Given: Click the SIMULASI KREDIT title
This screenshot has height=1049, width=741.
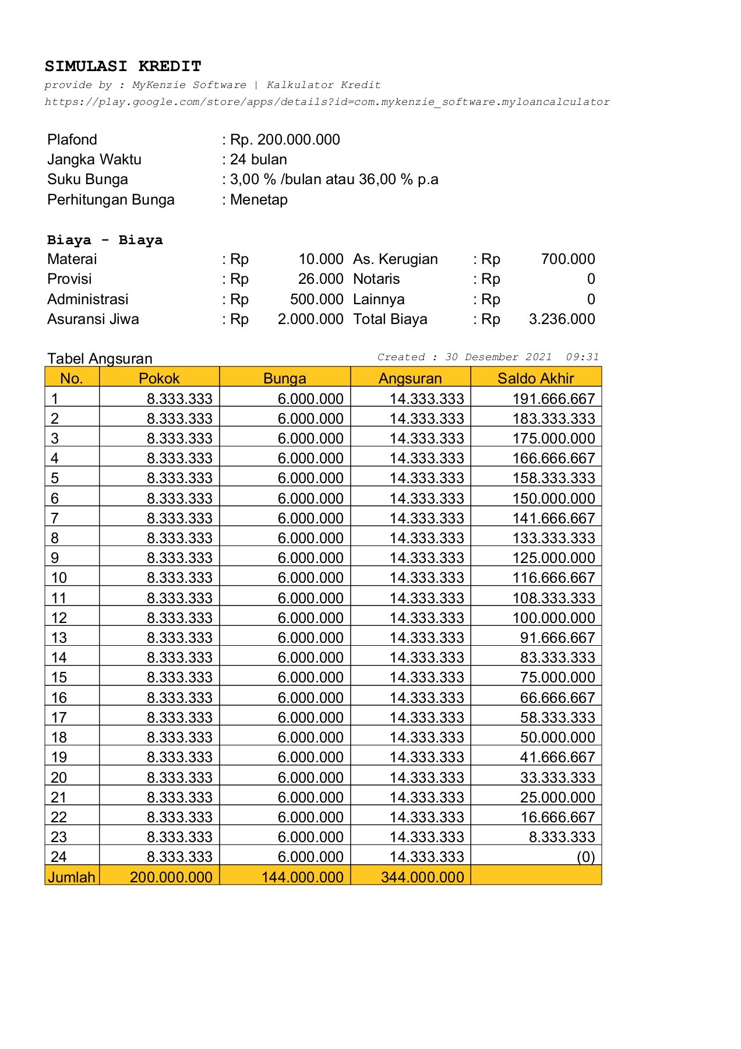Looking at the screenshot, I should (x=123, y=66).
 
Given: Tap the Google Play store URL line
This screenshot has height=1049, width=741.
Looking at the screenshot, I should (x=327, y=102).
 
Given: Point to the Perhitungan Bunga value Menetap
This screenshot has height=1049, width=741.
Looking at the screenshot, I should (x=259, y=200).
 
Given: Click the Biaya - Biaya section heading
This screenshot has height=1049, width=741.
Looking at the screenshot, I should (x=105, y=240).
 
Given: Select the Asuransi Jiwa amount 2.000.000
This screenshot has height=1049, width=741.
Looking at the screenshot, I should (x=310, y=319).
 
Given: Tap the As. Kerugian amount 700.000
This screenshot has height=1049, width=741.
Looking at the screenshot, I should (x=567, y=259).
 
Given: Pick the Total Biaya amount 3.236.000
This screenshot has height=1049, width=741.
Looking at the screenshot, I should (x=562, y=319).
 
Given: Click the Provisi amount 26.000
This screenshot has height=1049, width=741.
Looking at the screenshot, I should (x=320, y=279).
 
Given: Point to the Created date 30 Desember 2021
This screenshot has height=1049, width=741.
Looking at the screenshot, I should (x=498, y=357).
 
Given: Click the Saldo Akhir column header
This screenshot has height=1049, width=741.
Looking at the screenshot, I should (x=535, y=378).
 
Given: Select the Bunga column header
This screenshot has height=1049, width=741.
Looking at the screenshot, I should (x=284, y=378).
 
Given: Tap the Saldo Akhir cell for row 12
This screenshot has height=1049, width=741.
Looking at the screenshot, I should (x=553, y=618).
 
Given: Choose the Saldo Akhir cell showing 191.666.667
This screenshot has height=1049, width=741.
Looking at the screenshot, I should (x=553, y=399).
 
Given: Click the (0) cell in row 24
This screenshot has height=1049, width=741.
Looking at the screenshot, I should (x=585, y=857).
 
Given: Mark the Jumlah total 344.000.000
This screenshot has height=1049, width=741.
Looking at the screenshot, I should (x=422, y=877).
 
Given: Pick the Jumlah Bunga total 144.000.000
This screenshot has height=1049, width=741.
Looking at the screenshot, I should (x=302, y=877).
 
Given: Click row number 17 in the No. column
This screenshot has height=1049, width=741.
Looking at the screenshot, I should (x=59, y=717).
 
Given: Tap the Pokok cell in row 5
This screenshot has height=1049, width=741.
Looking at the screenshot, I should (x=179, y=478).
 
